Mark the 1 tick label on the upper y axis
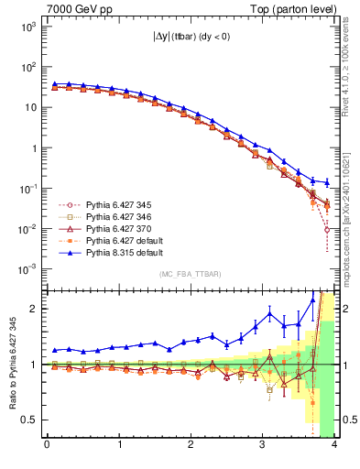35,147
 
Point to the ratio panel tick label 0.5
29,420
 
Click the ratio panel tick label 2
35,309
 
